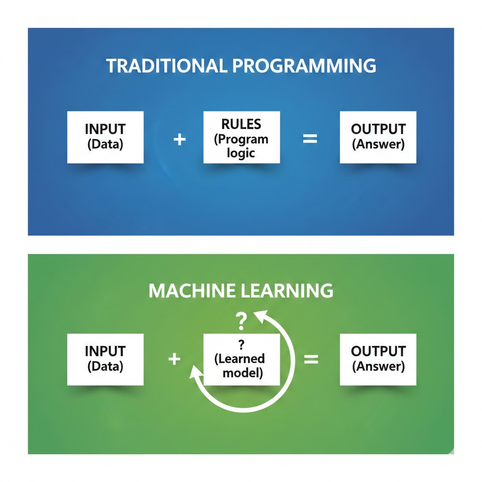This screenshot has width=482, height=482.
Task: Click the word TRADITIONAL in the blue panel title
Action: tap(166, 66)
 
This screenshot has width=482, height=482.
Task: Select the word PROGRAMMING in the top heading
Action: tap(304, 66)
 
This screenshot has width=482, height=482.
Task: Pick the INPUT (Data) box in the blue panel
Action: tap(105, 137)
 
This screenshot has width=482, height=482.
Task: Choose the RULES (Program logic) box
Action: tap(241, 137)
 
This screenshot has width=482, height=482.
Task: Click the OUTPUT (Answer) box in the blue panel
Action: tap(378, 137)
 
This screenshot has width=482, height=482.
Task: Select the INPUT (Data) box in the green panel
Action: tap(105, 359)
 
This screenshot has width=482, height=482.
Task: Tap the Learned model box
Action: tap(241, 360)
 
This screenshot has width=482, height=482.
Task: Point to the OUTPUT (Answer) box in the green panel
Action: tap(378, 359)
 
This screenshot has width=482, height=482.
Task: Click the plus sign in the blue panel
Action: tap(179, 139)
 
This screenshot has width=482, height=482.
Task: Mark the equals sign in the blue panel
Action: tap(310, 139)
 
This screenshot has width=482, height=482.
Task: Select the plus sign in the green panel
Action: tap(174, 359)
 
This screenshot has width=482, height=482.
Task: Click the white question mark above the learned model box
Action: tap(241, 322)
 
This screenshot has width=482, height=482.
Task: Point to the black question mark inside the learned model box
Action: tap(241, 343)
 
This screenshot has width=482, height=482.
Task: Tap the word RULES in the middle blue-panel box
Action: tap(241, 124)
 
